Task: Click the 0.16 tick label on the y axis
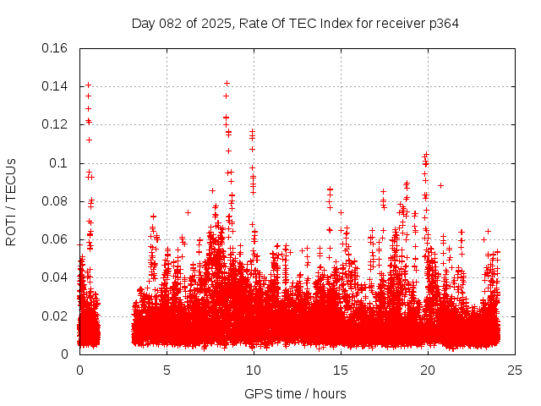(55, 48)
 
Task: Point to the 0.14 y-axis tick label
(55, 86)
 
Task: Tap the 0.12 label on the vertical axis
(55, 124)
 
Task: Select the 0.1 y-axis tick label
(60, 163)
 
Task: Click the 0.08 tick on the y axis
(55, 201)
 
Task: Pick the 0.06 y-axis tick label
(55, 239)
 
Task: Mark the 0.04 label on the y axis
(55, 277)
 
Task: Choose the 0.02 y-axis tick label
(55, 316)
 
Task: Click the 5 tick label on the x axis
(167, 370)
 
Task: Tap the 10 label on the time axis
(254, 370)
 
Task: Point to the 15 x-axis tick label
(341, 370)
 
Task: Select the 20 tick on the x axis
(428, 370)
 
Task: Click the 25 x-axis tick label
(515, 370)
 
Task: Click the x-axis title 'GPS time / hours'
(295, 393)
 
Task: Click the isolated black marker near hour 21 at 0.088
(440, 185)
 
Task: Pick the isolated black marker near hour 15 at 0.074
(342, 212)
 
